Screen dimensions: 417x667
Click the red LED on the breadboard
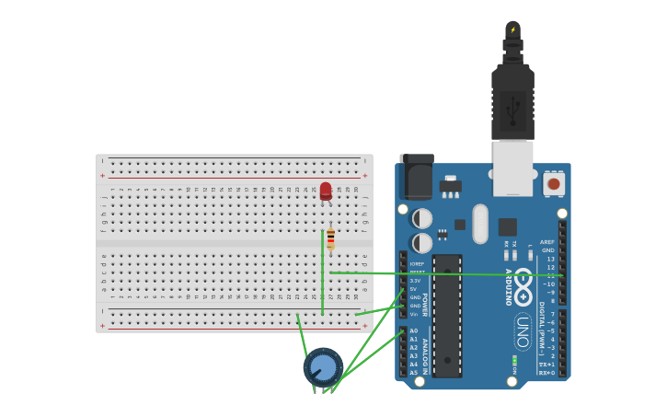tap(326, 191)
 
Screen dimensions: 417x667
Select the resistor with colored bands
tap(330, 240)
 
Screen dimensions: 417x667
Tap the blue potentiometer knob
tap(323, 367)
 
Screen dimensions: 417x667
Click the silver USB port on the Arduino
tap(512, 168)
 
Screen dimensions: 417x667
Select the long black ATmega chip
tap(447, 315)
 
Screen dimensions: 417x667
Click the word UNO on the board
tap(523, 331)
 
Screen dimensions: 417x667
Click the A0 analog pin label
tap(413, 330)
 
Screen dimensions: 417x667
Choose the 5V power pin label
tap(413, 289)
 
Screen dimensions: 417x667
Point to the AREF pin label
tap(547, 242)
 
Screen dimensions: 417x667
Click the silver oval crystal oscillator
tap(480, 223)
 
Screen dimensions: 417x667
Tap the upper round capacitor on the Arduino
tap(421, 218)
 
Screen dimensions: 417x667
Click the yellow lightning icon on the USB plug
tap(512, 29)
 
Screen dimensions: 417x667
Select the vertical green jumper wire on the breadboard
tap(322, 272)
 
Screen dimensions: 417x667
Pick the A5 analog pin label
tap(413, 372)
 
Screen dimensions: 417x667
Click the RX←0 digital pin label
tap(546, 373)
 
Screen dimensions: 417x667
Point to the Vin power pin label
tap(413, 314)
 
